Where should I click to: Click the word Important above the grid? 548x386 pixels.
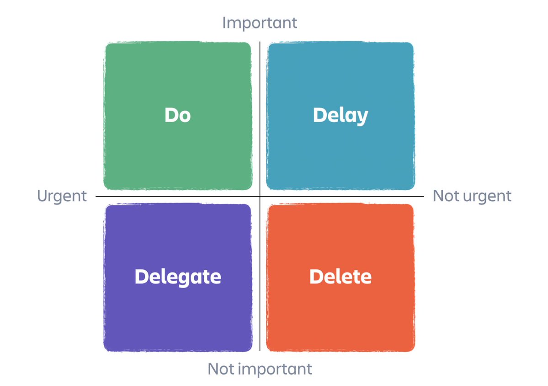(x=260, y=23)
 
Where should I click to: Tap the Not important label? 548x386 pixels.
(x=260, y=369)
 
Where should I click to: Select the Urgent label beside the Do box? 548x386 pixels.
(x=62, y=197)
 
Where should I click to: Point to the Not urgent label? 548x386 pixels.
(x=472, y=196)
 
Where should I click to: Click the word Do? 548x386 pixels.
(x=177, y=115)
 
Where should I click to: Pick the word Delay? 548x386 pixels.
(x=341, y=116)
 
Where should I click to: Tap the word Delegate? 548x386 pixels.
(x=178, y=277)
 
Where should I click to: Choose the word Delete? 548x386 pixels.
(x=341, y=277)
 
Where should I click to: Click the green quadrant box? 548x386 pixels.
(x=178, y=116)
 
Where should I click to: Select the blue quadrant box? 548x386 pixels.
(x=341, y=116)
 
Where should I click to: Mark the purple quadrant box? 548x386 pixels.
(x=178, y=278)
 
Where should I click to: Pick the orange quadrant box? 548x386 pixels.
(x=341, y=278)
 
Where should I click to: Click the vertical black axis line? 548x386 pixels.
(x=260, y=196)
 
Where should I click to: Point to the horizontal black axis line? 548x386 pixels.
(x=260, y=196)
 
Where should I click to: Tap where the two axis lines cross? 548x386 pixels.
(x=260, y=196)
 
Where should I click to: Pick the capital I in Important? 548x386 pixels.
(x=224, y=23)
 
